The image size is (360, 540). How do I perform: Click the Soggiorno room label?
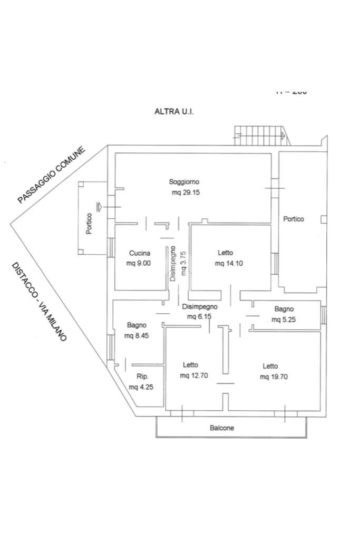(184, 182)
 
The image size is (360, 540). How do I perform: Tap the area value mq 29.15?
(186, 192)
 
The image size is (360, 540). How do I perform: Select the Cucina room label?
(140, 253)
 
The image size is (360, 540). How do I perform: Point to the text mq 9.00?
(139, 263)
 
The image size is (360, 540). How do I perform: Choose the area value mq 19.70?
(274, 377)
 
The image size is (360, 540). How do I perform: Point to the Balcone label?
(222, 428)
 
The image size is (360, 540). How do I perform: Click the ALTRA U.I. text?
(174, 111)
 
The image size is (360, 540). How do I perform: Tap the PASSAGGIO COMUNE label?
(51, 176)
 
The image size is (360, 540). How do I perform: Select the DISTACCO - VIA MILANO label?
(39, 302)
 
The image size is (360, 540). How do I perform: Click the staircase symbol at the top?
(261, 135)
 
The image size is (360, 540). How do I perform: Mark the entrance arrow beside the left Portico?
(99, 206)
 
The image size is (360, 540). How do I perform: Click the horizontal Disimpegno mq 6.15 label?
(199, 311)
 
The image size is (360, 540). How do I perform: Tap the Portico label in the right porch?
(294, 219)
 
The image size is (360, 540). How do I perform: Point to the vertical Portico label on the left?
(89, 224)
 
